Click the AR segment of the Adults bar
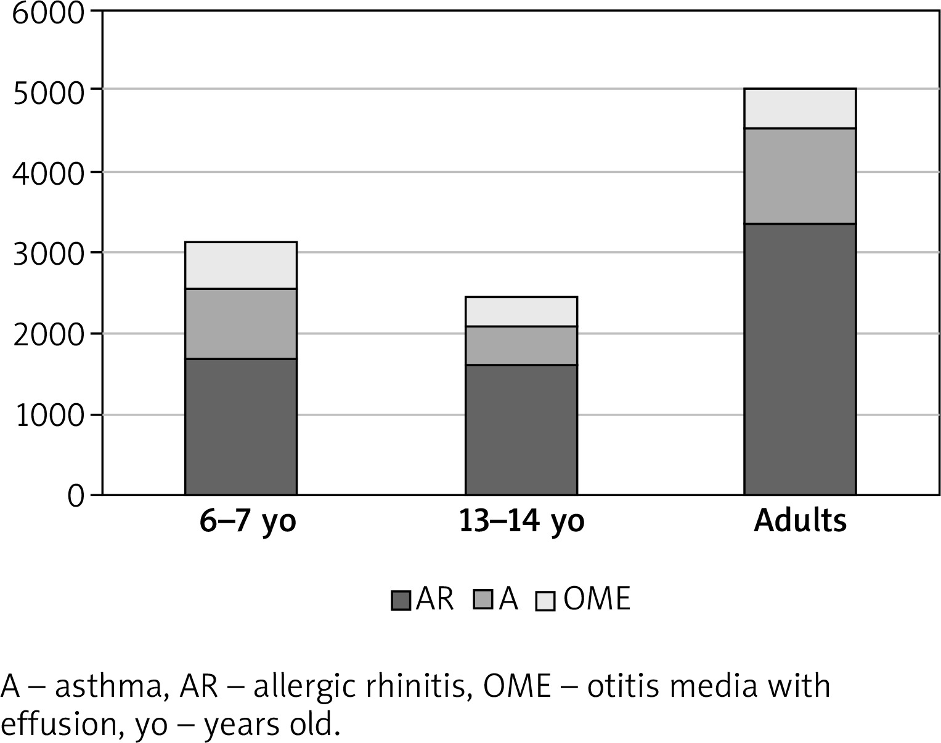pos(800,359)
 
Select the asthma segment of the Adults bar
pos(800,176)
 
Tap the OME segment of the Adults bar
pos(800,108)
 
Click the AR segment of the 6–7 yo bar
pos(241,427)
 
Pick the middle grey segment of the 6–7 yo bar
pos(241,324)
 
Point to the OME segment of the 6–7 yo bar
pos(241,265)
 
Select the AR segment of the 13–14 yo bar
pos(521,430)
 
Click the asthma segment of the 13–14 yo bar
pos(521,345)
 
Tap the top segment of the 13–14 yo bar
pos(521,311)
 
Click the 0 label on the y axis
pos(76,496)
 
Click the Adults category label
pos(800,521)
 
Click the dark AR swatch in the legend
pos(401,600)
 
